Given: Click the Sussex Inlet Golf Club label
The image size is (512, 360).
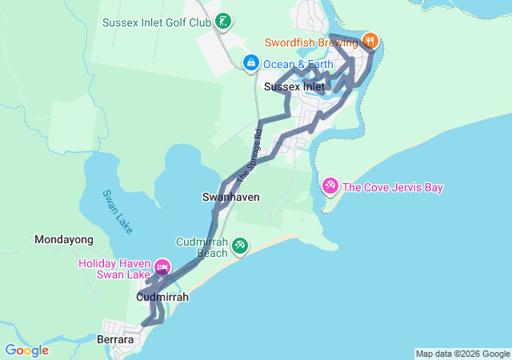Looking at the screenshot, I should pyautogui.click(x=156, y=22).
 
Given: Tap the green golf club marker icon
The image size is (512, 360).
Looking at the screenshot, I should pyautogui.click(x=223, y=22).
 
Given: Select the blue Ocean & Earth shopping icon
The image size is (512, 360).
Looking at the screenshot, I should pyautogui.click(x=250, y=62).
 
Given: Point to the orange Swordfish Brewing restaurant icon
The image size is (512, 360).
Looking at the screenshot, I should pyautogui.click(x=370, y=40).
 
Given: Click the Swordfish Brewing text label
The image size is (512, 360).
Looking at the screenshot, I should pyautogui.click(x=313, y=41).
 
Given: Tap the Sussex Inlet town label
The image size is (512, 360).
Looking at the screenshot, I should pyautogui.click(x=294, y=86).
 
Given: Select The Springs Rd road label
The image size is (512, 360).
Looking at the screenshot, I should pyautogui.click(x=249, y=153).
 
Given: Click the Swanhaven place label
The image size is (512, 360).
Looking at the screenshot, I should pyautogui.click(x=231, y=197).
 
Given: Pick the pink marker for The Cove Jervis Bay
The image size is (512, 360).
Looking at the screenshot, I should pyautogui.click(x=329, y=186).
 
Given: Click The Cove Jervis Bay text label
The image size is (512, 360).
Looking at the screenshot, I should pyautogui.click(x=392, y=188).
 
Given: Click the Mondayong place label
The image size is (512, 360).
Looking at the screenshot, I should pyautogui.click(x=64, y=239).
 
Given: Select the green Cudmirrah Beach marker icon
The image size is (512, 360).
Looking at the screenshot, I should pyautogui.click(x=239, y=247).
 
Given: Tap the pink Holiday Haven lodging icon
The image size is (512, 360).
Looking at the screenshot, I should pyautogui.click(x=162, y=267).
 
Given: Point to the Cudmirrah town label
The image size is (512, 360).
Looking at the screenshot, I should pyautogui.click(x=162, y=297).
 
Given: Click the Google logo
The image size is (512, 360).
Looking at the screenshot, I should pyautogui.click(x=27, y=350).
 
